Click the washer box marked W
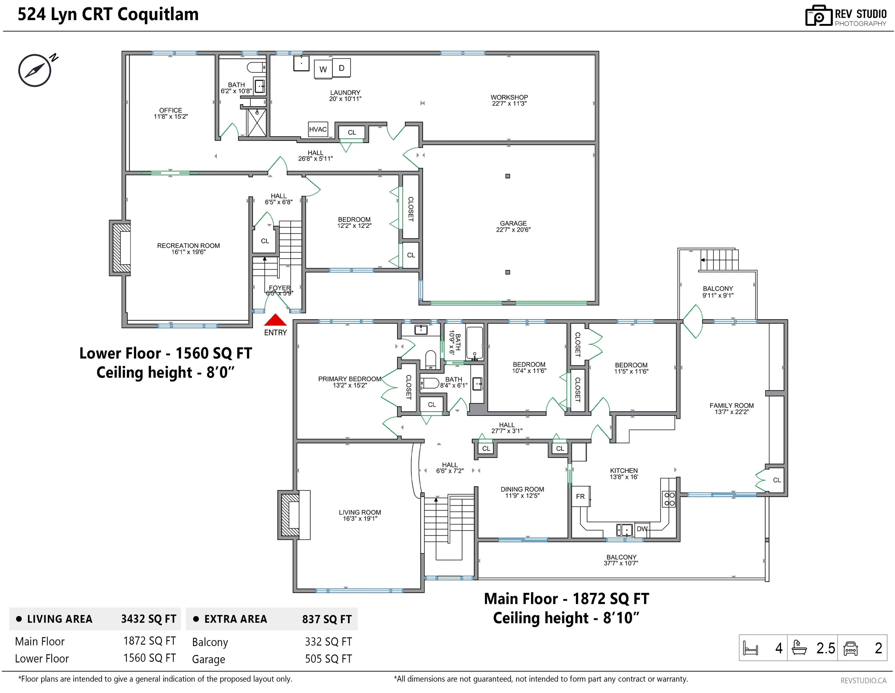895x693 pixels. click(323, 69)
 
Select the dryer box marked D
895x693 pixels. click(341, 68)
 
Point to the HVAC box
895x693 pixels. click(318, 129)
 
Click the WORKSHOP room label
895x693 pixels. click(509, 97)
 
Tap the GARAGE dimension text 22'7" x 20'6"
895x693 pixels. click(513, 230)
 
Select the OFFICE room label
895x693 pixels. click(171, 110)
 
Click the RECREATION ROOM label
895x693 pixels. click(189, 245)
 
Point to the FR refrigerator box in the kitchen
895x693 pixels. click(581, 496)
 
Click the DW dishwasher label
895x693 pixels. click(642, 529)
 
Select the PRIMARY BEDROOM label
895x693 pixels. click(349, 379)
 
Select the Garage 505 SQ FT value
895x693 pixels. click(328, 659)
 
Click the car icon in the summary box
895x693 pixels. click(851, 648)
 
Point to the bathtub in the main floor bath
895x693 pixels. click(475, 343)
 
